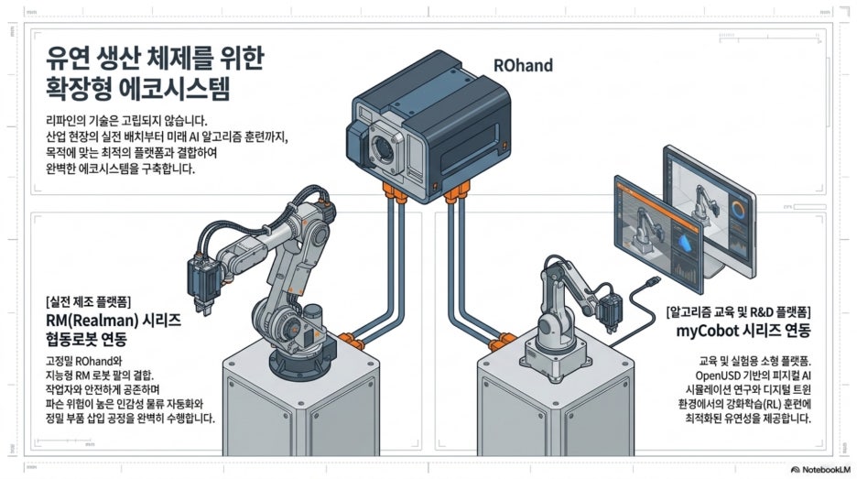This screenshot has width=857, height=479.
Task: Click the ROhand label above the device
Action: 523,66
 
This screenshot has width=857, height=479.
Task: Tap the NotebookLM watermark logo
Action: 795,470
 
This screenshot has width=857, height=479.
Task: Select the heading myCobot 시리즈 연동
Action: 743,331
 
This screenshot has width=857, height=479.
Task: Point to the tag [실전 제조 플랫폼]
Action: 89,301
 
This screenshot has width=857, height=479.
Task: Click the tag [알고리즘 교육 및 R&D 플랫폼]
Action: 738,312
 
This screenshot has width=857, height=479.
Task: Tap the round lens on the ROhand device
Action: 382,147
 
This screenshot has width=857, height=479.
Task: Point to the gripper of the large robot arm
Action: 202,284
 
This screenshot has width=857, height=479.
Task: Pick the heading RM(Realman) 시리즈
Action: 114,320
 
